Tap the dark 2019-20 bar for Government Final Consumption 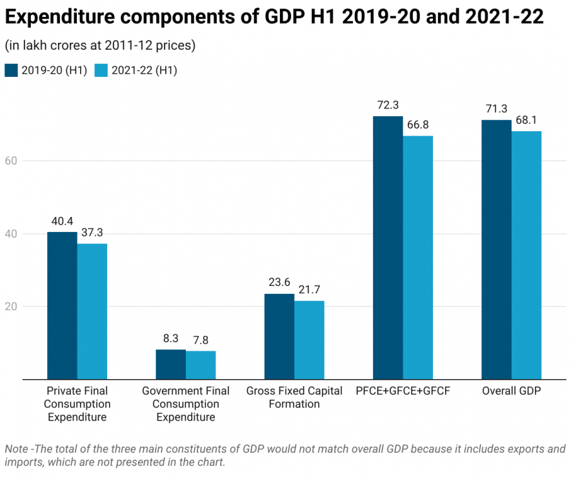click(x=171, y=364)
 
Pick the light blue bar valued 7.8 click(x=201, y=365)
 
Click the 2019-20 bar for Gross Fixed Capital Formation click(x=279, y=337)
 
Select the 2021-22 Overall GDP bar click(x=526, y=255)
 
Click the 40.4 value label click(x=62, y=221)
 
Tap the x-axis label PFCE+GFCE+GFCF click(x=403, y=391)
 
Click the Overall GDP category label click(x=511, y=391)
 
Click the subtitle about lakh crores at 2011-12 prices click(x=100, y=46)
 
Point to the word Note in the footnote click(x=17, y=449)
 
